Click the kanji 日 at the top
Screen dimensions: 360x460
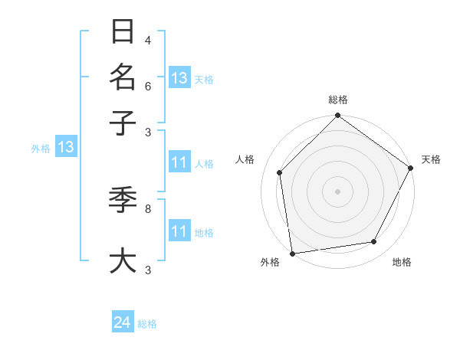(123, 32)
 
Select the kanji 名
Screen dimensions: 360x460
(123, 77)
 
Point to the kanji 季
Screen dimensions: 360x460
(123, 201)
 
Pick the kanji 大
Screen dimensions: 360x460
(123, 260)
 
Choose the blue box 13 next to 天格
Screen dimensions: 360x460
(179, 78)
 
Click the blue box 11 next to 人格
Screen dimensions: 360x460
(179, 162)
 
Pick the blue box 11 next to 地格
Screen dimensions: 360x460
(179, 231)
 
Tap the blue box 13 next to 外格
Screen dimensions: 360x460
(65, 148)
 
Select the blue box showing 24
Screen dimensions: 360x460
(122, 323)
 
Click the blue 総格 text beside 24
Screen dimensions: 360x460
(147, 324)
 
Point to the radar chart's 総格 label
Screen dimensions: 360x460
(337, 100)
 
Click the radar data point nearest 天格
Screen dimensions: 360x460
(411, 168)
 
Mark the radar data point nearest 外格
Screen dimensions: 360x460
(292, 254)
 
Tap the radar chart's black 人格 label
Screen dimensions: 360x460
(245, 159)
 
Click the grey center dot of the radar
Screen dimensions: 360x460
(337, 191)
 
